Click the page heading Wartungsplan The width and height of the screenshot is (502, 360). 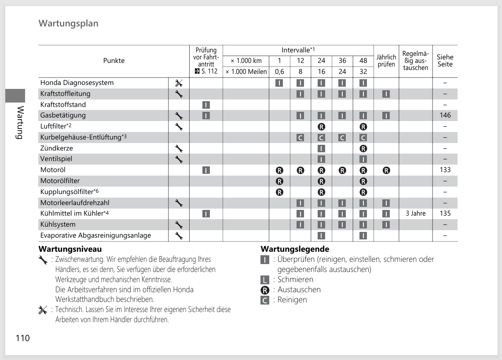coord(69,23)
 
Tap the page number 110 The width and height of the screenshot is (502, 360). coord(23,338)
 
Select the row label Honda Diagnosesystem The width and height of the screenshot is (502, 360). coord(77,83)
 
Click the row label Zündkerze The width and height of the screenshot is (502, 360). coord(56,148)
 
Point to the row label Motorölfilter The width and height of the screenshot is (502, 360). coord(60,181)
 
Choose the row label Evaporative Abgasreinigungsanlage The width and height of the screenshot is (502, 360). coord(95,235)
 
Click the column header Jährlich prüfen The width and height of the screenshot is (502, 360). coord(386,61)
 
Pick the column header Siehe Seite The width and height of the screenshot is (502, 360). coord(445,61)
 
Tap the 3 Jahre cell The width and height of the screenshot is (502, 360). coord(415,213)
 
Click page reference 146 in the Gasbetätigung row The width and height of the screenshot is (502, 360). coord(445,115)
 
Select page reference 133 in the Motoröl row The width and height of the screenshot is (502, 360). coord(445,170)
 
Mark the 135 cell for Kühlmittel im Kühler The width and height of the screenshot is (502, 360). coord(445,213)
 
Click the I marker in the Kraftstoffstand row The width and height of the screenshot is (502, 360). coord(206,105)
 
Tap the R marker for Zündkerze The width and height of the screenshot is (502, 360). coord(363,148)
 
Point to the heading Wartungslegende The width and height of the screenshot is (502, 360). coord(295,249)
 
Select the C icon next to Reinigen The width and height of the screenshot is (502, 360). coord(264,300)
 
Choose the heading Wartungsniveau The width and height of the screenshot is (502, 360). coord(70,249)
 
